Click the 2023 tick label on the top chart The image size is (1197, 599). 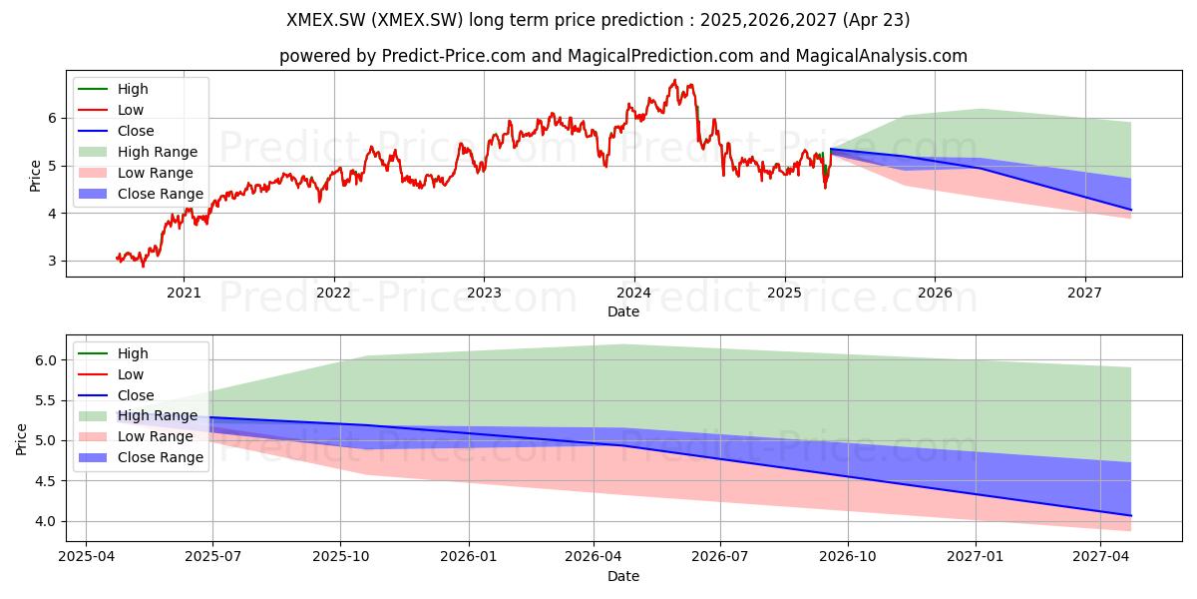click(484, 293)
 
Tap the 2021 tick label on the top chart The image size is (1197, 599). click(184, 293)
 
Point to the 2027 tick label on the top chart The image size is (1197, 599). click(1084, 293)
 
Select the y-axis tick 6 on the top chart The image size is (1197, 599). click(52, 118)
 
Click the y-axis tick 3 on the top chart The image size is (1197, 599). click(52, 261)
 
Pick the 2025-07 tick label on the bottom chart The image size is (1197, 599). click(212, 556)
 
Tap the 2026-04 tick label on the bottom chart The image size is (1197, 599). click(594, 556)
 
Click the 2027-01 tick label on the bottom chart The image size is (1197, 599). click(976, 556)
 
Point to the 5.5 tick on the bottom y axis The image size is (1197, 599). click(46, 400)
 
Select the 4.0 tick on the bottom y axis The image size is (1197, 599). click(46, 521)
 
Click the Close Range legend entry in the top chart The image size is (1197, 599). click(141, 194)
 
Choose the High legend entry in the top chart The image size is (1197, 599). click(113, 89)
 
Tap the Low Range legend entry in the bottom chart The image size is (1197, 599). click(136, 436)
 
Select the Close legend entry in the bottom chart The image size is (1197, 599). click(116, 395)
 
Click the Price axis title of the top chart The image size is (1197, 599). click(35, 176)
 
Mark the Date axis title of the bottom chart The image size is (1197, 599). click(623, 576)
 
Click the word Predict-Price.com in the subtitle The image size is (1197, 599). click(454, 56)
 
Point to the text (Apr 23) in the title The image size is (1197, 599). click(876, 20)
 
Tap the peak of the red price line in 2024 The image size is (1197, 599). click(675, 80)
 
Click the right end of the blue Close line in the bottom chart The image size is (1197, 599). click(1131, 515)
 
